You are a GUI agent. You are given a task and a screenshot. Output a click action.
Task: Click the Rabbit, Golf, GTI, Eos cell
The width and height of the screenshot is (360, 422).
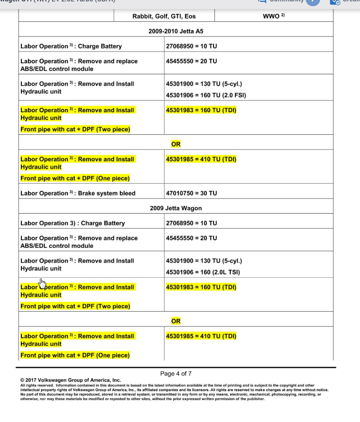(164, 16)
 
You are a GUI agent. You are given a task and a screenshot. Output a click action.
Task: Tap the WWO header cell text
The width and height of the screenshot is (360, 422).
(273, 16)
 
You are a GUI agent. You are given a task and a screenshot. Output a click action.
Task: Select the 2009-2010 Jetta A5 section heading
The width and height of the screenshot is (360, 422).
(176, 31)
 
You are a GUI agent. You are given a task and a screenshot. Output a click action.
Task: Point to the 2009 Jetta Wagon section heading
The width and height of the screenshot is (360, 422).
(176, 208)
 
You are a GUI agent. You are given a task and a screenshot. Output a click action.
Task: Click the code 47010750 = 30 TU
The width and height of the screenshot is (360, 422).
(191, 193)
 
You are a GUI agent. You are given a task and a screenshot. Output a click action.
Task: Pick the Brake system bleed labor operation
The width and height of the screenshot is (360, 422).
(78, 193)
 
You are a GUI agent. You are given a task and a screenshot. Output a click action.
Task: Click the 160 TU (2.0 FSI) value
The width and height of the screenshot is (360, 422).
(205, 95)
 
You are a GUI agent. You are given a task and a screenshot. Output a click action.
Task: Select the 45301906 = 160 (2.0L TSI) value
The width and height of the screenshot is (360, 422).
(203, 272)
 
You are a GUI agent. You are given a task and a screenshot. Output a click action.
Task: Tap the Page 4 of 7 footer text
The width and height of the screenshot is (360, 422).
(176, 373)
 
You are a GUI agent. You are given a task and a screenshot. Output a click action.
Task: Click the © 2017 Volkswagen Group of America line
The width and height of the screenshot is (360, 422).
(70, 380)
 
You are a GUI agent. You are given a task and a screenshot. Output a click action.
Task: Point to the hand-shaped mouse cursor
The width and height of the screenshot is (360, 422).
(42, 284)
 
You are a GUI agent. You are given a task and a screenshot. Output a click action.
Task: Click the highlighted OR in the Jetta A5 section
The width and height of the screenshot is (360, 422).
(176, 144)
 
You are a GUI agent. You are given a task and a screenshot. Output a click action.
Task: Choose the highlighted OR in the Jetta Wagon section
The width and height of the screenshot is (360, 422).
(176, 321)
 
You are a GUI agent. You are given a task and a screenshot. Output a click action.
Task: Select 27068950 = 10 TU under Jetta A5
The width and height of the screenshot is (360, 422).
(191, 46)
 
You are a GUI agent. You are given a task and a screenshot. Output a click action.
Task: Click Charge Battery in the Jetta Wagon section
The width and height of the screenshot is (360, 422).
(73, 223)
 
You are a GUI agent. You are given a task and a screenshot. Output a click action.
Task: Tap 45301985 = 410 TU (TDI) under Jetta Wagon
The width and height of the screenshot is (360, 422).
(201, 336)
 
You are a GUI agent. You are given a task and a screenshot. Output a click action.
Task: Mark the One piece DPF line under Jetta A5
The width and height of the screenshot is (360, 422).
(75, 178)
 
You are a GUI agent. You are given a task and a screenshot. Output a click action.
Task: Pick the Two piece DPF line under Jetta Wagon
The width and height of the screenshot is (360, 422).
(75, 306)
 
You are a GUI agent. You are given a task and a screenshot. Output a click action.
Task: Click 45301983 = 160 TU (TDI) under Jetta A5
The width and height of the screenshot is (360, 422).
(201, 110)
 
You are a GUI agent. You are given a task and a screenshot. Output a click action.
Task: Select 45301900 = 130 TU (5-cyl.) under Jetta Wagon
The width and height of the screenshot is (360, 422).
(204, 261)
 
